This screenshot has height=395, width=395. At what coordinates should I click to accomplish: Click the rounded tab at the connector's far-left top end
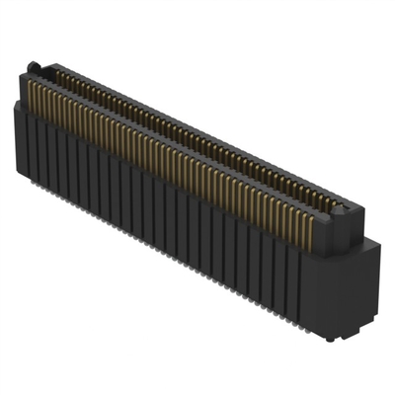pyautogui.click(x=34, y=67)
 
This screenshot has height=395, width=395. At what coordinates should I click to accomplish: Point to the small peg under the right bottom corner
pyautogui.click(x=330, y=337)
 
